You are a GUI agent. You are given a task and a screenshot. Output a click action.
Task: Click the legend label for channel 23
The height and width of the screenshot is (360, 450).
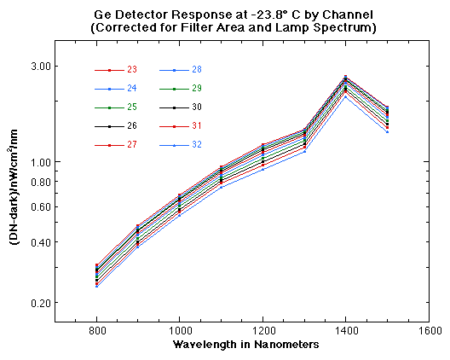[132, 70]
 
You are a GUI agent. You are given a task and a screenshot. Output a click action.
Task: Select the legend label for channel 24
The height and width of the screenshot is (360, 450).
[132, 89]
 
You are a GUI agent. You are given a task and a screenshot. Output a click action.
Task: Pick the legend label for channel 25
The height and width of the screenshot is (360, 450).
[132, 107]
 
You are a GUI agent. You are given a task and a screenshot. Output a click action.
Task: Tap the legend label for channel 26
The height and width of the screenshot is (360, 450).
[132, 126]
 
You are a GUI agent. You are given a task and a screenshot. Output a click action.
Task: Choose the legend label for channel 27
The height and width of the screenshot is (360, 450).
[132, 145]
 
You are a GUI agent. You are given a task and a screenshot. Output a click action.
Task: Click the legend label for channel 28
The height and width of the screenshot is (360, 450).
[197, 70]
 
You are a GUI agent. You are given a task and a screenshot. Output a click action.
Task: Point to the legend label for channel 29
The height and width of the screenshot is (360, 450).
[197, 89]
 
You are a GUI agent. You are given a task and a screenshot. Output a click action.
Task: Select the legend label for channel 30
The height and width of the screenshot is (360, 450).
[197, 107]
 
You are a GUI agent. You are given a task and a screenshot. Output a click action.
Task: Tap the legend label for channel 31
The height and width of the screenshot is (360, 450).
[197, 126]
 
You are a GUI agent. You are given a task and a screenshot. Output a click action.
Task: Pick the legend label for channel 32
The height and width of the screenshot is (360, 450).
[197, 145]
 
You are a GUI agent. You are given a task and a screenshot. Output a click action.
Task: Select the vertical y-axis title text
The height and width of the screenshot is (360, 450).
[14, 195]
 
